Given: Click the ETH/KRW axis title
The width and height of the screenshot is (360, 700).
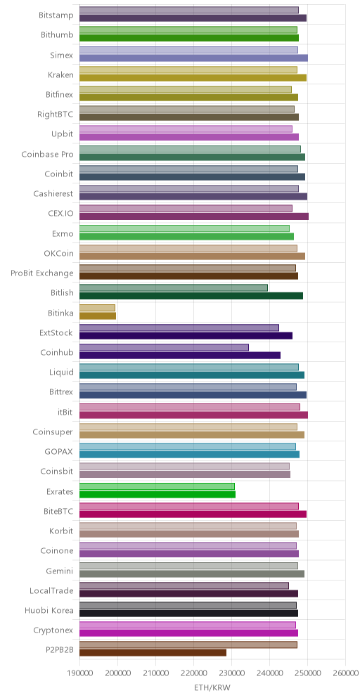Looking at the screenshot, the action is pos(212,688).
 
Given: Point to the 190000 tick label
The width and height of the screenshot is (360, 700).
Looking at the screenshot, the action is pos(79,673).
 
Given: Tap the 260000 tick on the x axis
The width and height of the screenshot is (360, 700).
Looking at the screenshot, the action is pos(346,673).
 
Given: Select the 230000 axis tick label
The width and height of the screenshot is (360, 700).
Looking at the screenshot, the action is pos(231,673).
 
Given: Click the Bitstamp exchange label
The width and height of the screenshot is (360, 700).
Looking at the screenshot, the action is pos(56,14).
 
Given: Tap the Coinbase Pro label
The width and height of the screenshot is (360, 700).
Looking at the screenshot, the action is pos(47,155).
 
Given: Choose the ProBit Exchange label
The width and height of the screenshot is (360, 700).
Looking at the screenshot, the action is pos(42,273).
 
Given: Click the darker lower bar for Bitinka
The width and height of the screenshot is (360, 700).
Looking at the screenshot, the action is pos(98,316).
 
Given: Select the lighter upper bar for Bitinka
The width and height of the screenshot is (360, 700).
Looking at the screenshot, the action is pos(97,308).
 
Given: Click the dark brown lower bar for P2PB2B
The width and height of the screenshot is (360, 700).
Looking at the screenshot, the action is pos(153,653).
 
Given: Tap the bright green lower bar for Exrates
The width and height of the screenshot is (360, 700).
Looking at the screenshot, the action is pos(157,494).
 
